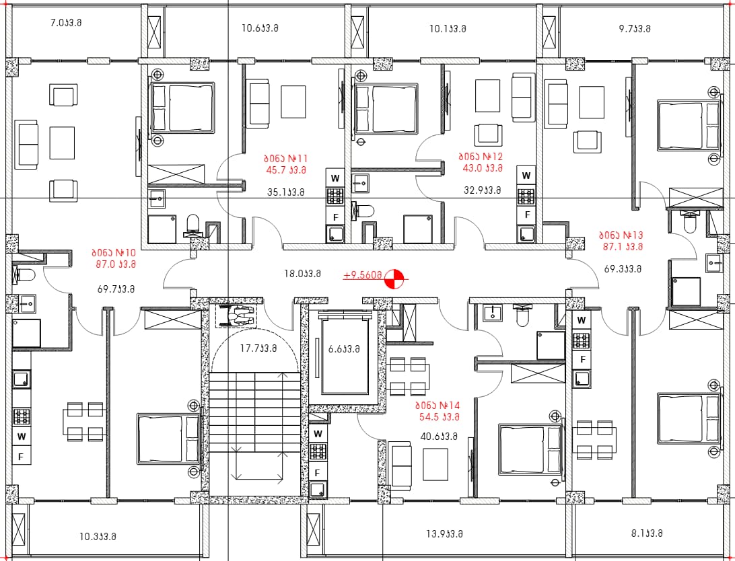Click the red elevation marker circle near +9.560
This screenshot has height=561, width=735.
[x=394, y=279]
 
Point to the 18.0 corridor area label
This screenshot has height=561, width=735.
[x=302, y=274]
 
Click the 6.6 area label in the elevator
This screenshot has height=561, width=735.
[x=343, y=349]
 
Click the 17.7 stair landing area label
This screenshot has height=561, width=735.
[x=258, y=348]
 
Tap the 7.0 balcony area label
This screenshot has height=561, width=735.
[x=66, y=22]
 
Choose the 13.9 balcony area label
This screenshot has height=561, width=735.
[x=444, y=533]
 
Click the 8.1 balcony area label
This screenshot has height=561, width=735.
[x=647, y=533]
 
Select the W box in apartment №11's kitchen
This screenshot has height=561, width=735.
[x=335, y=178]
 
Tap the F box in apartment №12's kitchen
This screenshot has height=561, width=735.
[x=527, y=215]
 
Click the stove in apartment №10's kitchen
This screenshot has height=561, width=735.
[x=22, y=416]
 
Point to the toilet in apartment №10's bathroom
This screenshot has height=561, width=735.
[x=24, y=275]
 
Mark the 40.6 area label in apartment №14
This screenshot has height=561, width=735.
[x=439, y=437]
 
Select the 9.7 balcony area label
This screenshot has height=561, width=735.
[x=635, y=28]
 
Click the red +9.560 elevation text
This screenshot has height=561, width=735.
[x=362, y=275]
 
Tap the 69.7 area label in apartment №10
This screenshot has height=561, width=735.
[x=116, y=289]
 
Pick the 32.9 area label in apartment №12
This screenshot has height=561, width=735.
[x=483, y=190]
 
